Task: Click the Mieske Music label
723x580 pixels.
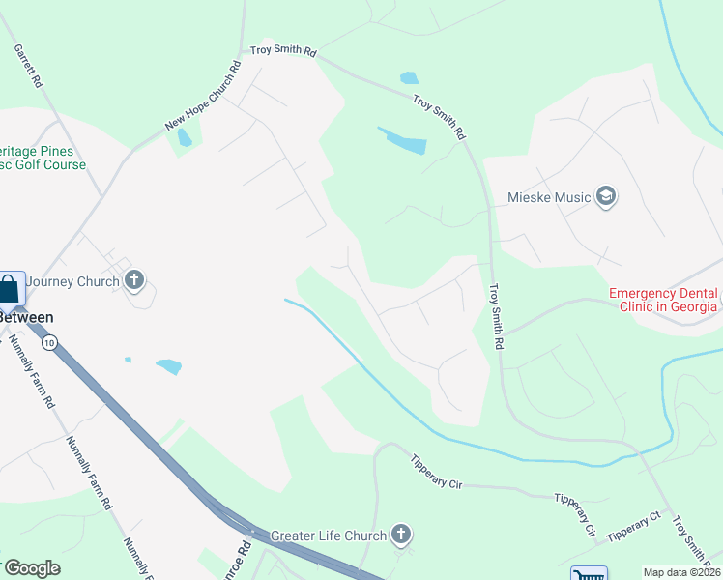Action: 548,198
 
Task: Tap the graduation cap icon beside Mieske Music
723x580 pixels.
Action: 606,197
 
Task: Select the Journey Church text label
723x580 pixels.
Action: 72,281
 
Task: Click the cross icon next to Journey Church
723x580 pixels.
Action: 134,281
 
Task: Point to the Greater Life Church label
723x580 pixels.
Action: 329,535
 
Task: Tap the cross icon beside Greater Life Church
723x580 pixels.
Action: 401,535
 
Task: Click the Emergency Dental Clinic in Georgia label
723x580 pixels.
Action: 663,300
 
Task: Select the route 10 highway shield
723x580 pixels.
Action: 50,341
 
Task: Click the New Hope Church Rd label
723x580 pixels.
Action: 203,97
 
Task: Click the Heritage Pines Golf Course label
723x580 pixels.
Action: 43,159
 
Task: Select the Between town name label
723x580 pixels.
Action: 25,317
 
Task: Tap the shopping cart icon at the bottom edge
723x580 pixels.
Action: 588,574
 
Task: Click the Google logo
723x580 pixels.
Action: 32,568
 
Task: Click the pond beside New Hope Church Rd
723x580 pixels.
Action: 184,137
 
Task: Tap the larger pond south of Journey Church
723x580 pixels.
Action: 168,366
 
